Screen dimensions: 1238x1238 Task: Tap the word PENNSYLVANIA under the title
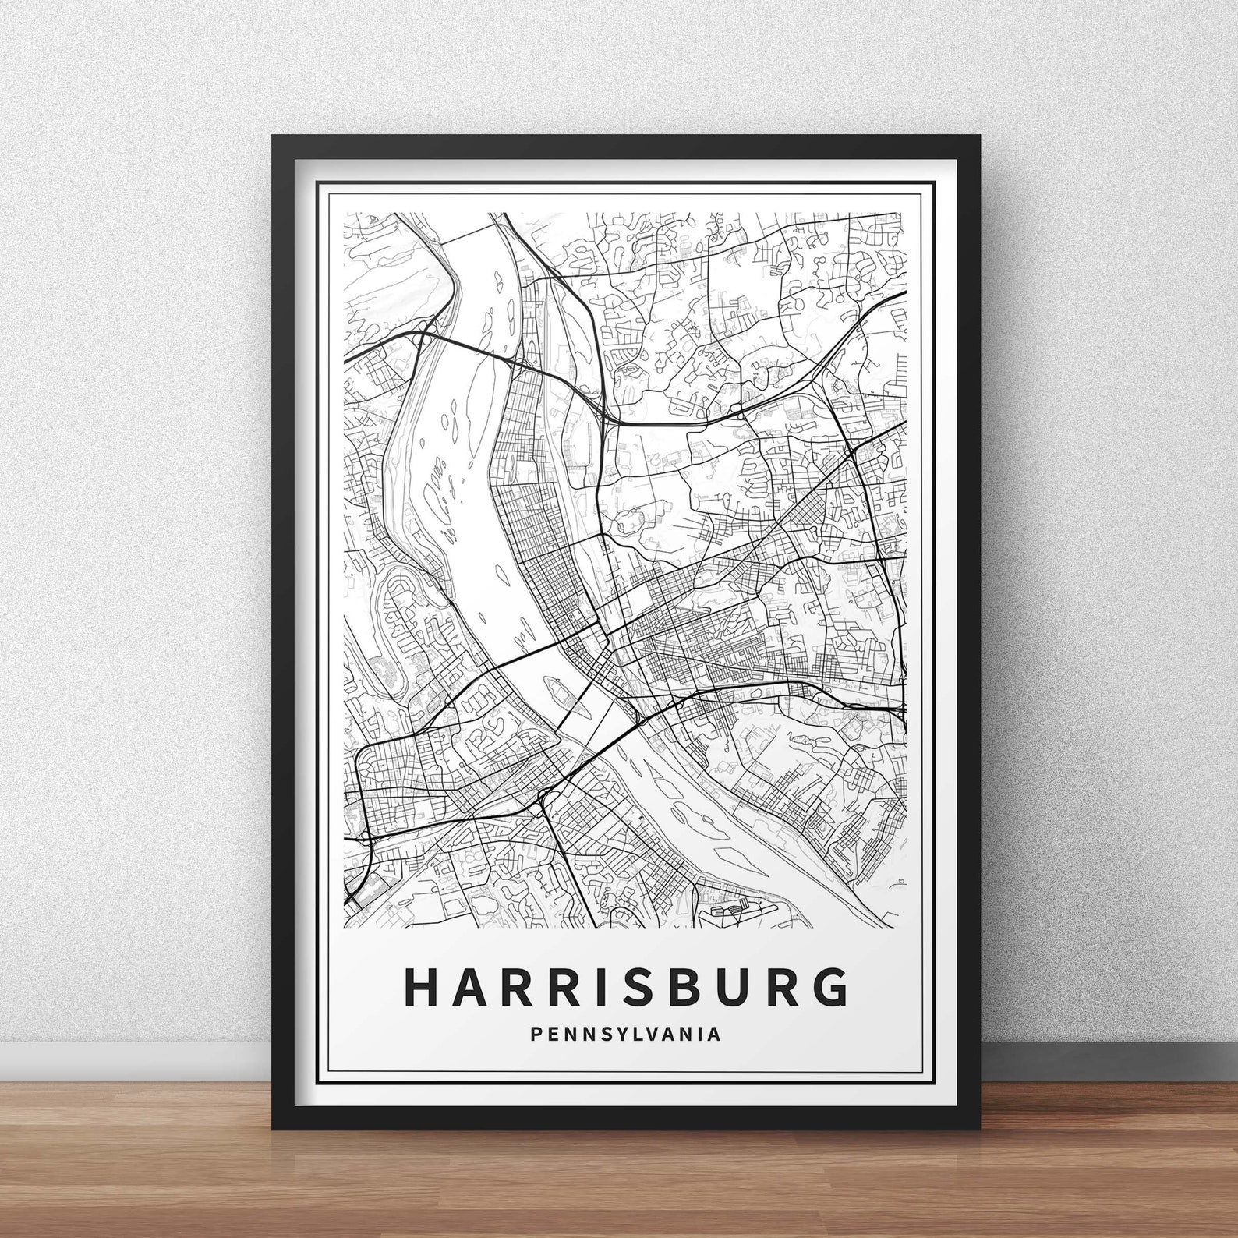pos(625,1035)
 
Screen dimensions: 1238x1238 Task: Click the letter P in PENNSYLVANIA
pos(535,1035)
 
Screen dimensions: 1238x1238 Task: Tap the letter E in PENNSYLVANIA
pos(552,1035)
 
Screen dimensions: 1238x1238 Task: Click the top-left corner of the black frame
pos(273,136)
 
